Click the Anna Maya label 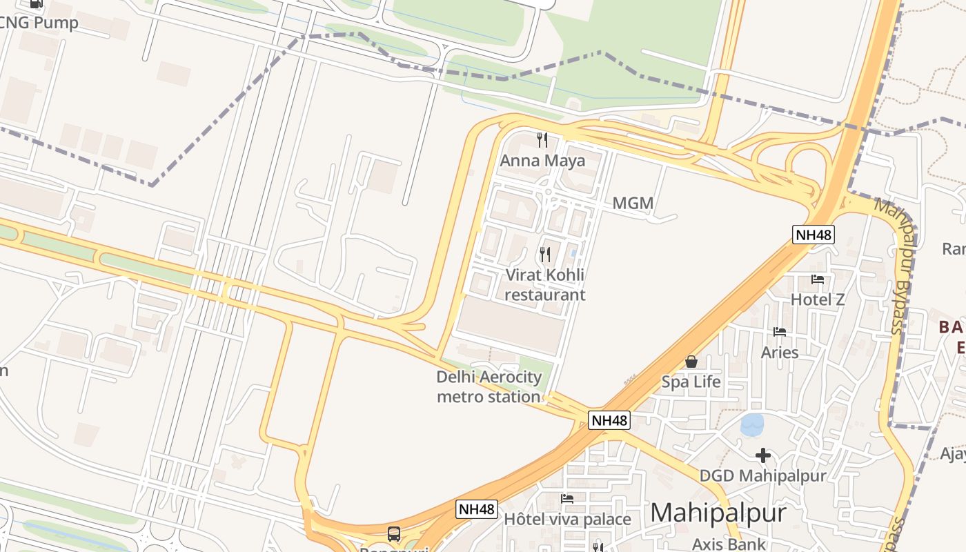click(542, 161)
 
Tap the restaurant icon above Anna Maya click(542, 140)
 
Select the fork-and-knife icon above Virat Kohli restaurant click(545, 255)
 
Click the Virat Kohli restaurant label click(545, 285)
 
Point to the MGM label click(633, 204)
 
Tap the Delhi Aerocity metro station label click(489, 387)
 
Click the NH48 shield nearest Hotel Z click(814, 235)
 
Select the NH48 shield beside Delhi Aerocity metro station click(610, 420)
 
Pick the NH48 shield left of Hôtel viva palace click(477, 509)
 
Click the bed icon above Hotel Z click(818, 279)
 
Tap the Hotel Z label click(818, 299)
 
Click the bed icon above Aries click(780, 332)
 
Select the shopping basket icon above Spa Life click(691, 362)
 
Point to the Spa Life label click(691, 382)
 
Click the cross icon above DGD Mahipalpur click(762, 455)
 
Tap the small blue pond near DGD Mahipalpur click(752, 424)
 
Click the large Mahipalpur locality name click(718, 513)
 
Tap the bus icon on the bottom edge click(393, 533)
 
